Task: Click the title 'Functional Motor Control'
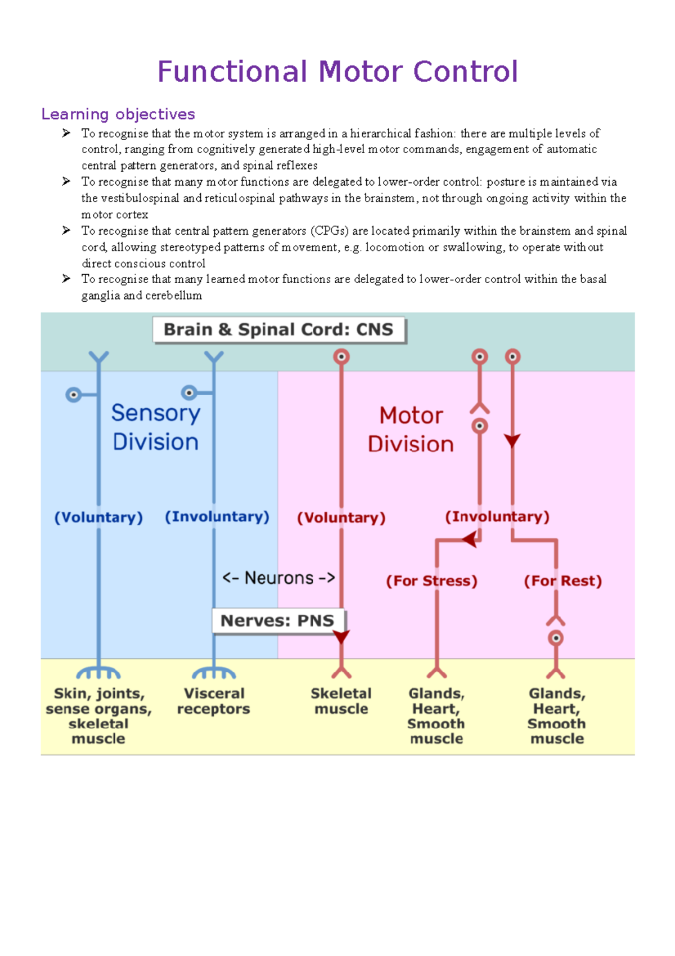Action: [337, 72]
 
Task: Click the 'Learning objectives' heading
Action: [118, 114]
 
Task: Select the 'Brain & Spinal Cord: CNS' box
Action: [278, 330]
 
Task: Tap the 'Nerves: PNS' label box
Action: [278, 621]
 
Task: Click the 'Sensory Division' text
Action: [155, 427]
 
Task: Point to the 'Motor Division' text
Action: [411, 430]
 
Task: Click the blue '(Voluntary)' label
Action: [98, 517]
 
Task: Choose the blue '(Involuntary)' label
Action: [217, 517]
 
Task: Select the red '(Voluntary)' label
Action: [341, 517]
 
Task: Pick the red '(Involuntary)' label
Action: [497, 517]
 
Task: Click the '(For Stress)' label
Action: [431, 580]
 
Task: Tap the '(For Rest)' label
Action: [562, 580]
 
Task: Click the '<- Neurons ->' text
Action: [278, 578]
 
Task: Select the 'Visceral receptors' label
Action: [214, 701]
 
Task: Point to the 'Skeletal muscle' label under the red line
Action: [341, 701]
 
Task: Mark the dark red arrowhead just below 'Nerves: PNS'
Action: [341, 637]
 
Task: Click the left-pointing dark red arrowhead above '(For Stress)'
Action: [470, 539]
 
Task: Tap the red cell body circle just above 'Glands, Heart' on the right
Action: [556, 638]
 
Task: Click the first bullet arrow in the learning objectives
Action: [66, 133]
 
